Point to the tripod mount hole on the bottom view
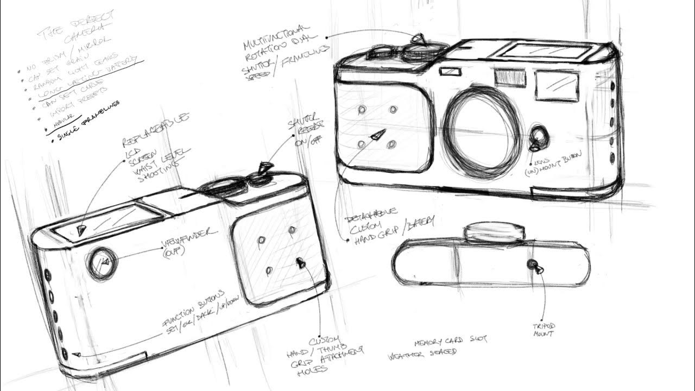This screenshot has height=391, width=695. (532, 264)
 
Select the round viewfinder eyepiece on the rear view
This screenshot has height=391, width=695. (102, 263)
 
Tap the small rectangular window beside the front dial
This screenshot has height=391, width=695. (450, 71)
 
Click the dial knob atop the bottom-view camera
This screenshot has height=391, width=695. (495, 231)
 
